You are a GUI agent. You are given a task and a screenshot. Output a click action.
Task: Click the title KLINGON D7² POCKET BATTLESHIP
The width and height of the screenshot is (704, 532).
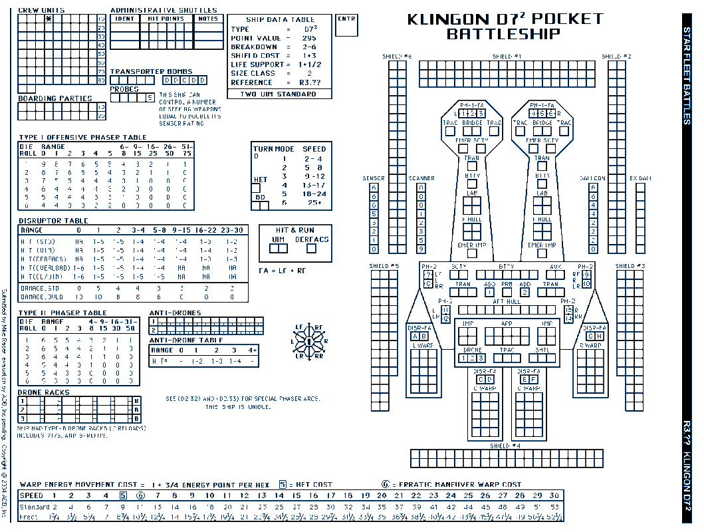[505, 26]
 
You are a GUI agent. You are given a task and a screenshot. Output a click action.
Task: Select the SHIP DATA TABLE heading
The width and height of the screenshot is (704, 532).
[280, 20]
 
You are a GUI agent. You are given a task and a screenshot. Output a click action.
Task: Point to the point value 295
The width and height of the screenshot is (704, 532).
[309, 39]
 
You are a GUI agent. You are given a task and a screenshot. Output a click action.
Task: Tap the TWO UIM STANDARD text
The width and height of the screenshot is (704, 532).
[279, 94]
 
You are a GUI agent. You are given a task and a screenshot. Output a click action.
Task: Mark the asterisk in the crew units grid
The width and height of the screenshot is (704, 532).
[49, 19]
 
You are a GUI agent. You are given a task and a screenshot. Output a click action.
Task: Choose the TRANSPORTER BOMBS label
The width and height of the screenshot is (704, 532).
[151, 71]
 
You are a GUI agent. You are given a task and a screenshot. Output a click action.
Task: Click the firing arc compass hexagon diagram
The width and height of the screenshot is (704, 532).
[309, 341]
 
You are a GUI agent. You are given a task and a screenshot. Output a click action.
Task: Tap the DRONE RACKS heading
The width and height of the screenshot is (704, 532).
[43, 392]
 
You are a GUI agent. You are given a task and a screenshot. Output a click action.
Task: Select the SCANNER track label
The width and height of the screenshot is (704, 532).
[421, 178]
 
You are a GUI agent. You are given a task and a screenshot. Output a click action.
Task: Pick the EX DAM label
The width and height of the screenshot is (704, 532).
[640, 178]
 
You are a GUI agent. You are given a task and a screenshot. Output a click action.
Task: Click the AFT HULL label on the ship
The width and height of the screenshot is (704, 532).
[507, 302]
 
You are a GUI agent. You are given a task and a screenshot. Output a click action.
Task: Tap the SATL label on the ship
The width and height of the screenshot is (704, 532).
[542, 349]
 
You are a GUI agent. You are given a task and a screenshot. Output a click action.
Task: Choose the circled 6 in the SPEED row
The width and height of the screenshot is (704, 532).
[140, 495]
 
